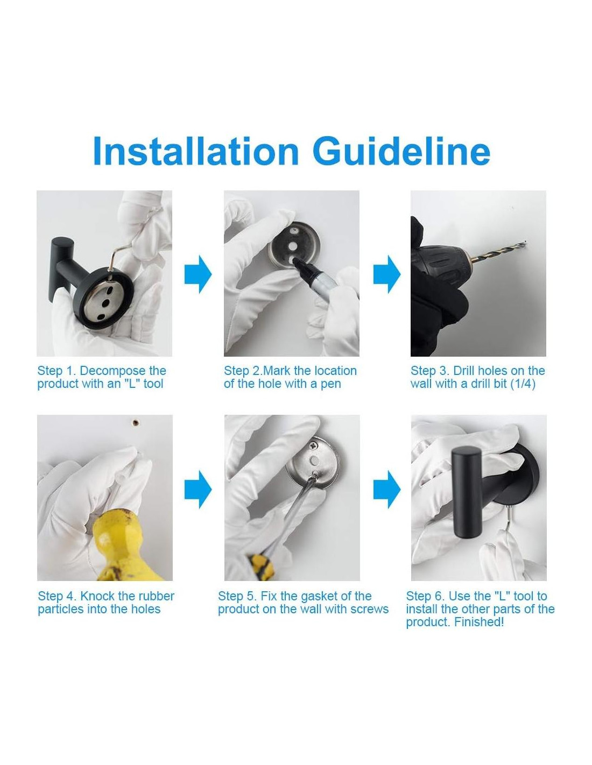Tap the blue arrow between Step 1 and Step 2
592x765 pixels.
click(198, 274)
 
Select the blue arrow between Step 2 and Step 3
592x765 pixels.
click(387, 274)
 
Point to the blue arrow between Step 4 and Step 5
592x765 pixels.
click(198, 489)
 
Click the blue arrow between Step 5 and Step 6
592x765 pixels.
click(387, 489)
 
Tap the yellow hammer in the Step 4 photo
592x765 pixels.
click(119, 546)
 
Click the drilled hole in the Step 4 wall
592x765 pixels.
click(135, 422)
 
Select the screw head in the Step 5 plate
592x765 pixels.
click(313, 447)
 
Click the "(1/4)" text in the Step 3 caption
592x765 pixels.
click(523, 384)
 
